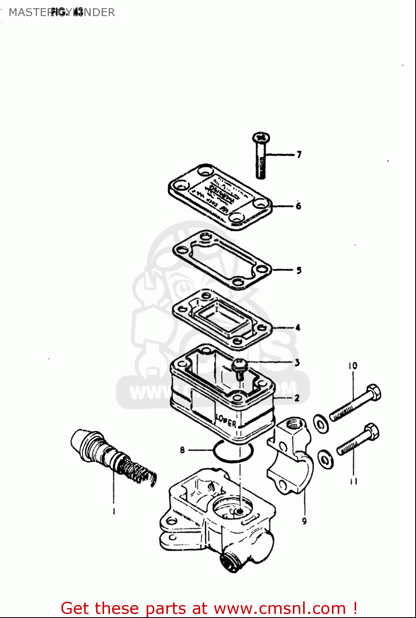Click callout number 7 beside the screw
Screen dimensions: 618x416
299,154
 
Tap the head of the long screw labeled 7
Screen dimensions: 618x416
261,137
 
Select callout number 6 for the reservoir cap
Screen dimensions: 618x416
299,206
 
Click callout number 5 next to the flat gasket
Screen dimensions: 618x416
299,270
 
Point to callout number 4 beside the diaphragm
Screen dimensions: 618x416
298,328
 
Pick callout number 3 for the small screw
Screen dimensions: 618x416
297,363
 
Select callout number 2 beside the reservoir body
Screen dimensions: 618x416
297,398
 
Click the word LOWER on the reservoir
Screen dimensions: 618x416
226,421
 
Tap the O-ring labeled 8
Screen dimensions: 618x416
233,452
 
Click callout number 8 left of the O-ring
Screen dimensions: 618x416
182,450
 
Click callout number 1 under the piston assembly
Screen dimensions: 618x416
114,511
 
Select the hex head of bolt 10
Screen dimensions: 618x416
373,392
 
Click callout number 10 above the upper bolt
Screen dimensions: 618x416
353,365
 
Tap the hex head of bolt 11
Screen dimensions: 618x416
372,432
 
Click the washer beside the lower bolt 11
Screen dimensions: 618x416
326,459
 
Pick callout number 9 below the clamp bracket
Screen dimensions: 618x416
304,521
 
